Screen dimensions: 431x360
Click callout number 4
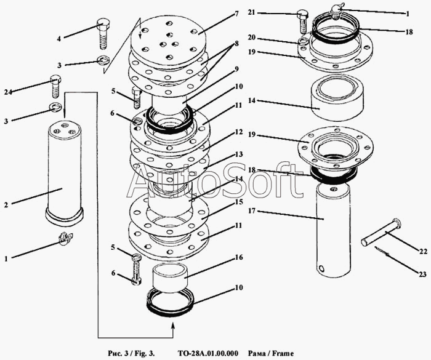coord(59,38)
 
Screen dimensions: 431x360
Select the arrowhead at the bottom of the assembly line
coord(171,333)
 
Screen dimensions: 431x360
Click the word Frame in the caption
coord(284,353)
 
